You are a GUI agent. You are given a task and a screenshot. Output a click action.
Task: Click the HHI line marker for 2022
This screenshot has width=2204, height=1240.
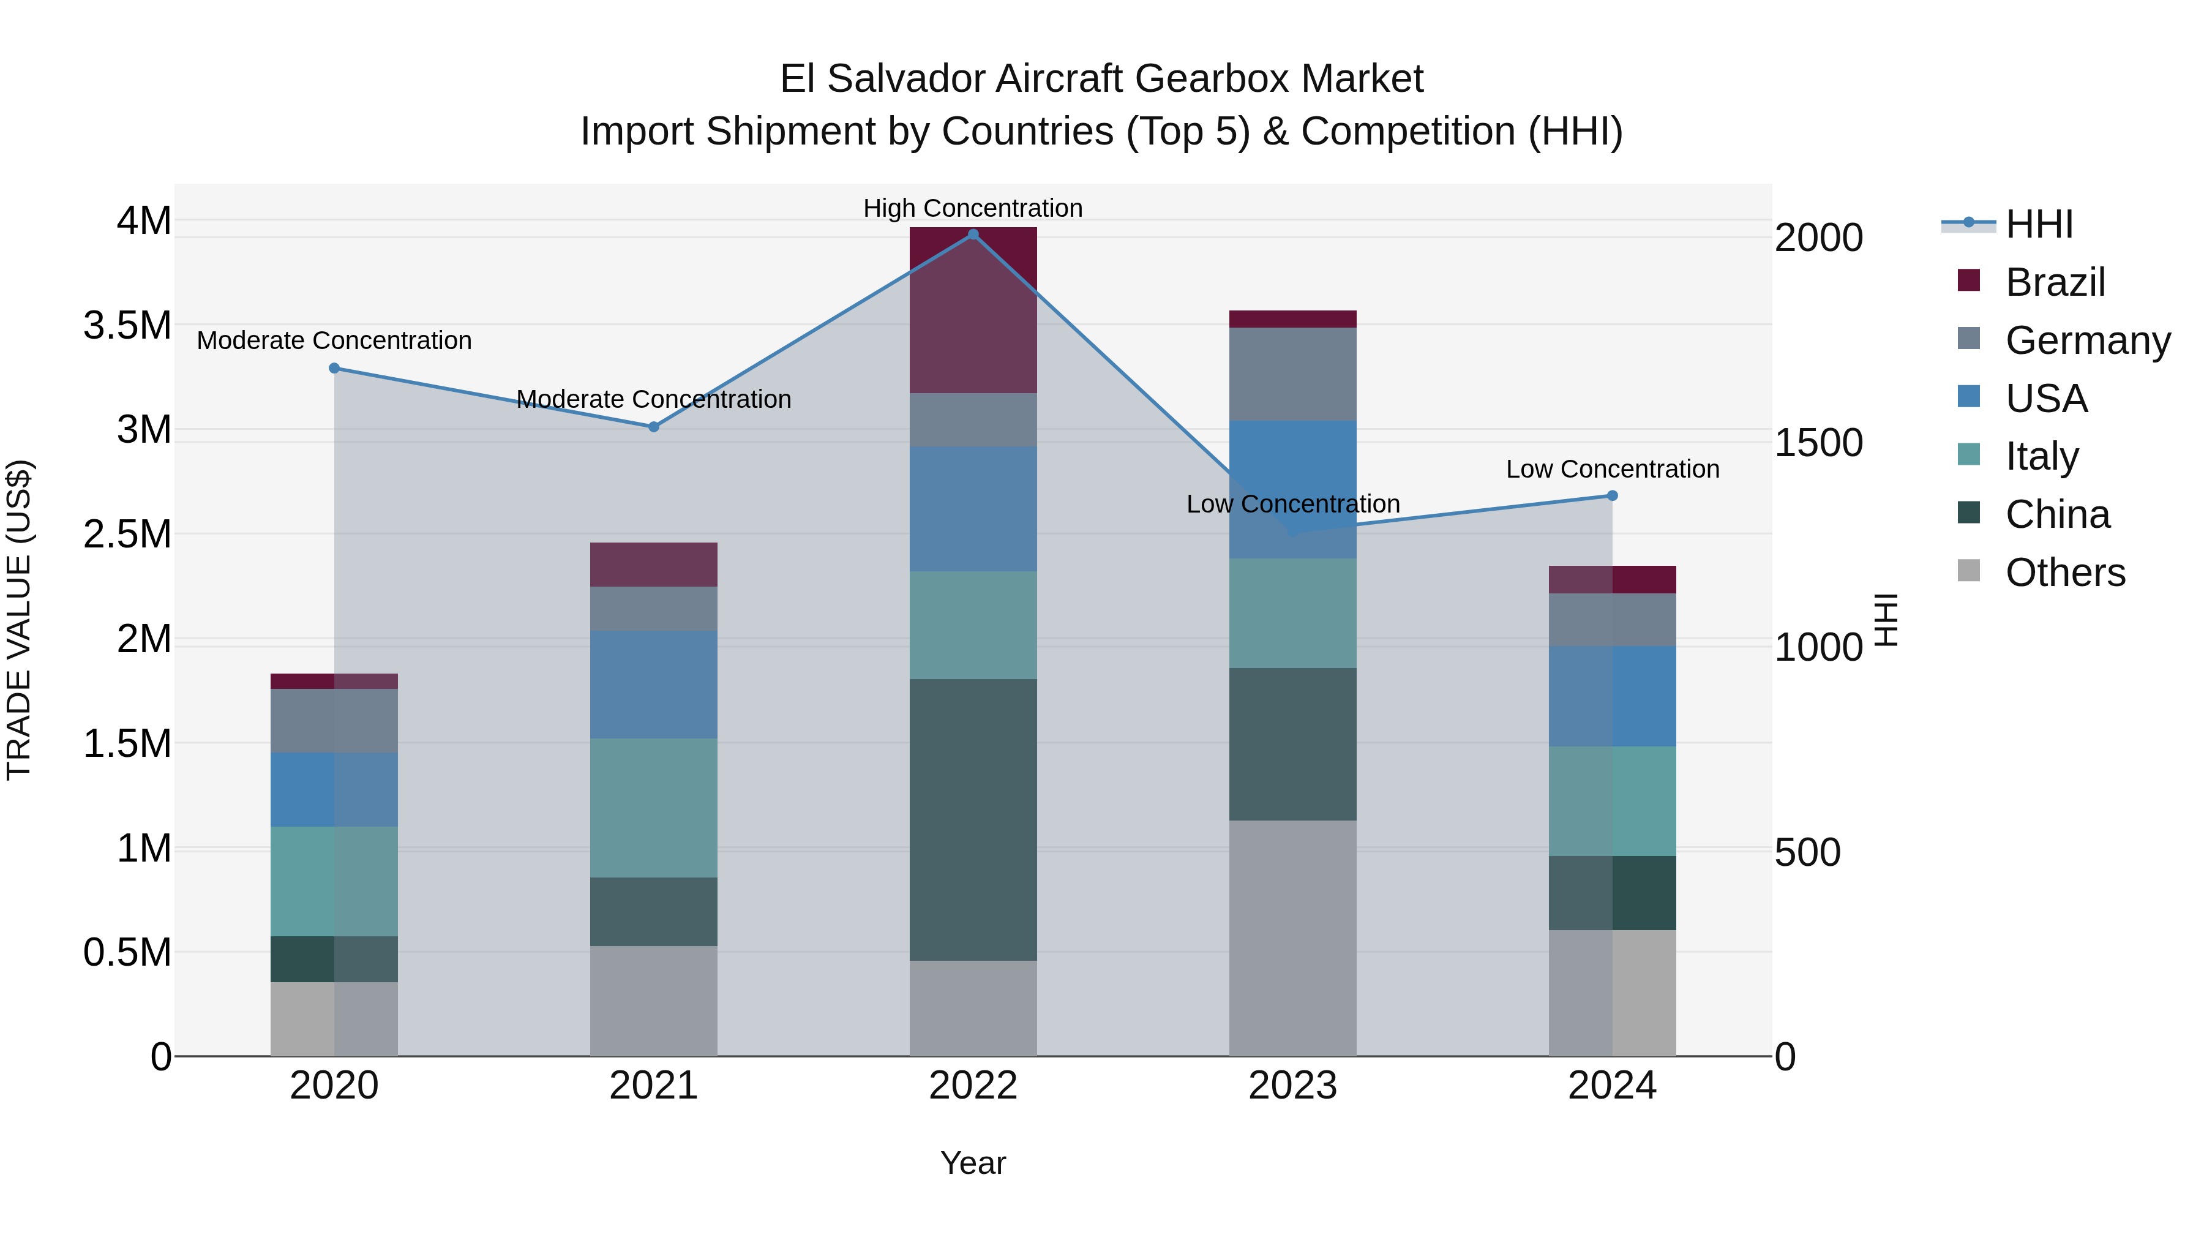click(973, 235)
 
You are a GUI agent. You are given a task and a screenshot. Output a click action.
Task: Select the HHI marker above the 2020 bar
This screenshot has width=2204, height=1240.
click(334, 369)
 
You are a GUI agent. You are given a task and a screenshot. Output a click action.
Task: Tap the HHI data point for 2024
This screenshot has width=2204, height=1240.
click(1612, 495)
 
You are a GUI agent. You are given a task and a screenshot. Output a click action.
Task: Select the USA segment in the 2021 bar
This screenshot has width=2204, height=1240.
click(654, 685)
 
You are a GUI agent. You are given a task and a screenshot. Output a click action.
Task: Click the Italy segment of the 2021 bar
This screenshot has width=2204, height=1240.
click(654, 807)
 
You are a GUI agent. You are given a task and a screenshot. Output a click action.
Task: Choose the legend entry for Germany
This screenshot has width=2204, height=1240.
click(2088, 340)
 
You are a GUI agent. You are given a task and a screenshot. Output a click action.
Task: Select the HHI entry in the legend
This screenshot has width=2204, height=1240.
click(2039, 224)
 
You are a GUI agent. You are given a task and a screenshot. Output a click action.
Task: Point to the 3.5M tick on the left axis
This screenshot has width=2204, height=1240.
click(127, 326)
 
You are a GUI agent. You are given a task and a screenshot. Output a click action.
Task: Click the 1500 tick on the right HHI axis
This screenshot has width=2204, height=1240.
click(1818, 443)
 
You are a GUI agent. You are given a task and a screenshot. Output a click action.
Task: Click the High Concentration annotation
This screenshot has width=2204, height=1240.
click(973, 208)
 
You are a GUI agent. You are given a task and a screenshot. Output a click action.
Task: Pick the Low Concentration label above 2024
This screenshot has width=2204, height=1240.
click(1612, 469)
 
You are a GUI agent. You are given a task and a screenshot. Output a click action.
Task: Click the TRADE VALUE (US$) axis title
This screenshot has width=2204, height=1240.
click(19, 620)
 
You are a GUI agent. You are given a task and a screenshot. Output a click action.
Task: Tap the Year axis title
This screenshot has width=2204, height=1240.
click(973, 1163)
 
